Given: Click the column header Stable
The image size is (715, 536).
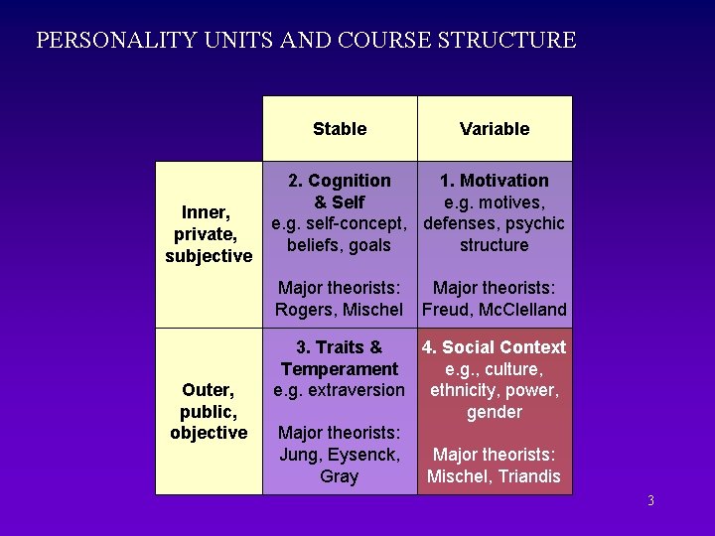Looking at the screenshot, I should [340, 129].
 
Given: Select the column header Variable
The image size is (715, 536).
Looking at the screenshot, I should [495, 129].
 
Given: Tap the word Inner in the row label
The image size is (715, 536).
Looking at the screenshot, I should [205, 212].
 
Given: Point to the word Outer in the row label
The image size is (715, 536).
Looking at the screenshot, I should [207, 389].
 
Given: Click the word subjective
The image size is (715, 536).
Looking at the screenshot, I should [209, 256].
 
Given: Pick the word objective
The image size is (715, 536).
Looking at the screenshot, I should [209, 433].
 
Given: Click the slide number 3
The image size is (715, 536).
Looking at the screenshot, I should [650, 500].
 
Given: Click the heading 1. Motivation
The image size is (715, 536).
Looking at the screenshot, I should [495, 181].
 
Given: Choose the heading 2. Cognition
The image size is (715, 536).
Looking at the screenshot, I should [340, 181].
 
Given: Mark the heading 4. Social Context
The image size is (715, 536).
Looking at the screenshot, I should [495, 347].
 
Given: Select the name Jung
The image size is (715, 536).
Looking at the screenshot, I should [299, 455].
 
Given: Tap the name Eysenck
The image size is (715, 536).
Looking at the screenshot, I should [363, 455].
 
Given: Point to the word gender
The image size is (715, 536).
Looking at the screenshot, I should [495, 412].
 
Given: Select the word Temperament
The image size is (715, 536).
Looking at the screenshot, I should [340, 369].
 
